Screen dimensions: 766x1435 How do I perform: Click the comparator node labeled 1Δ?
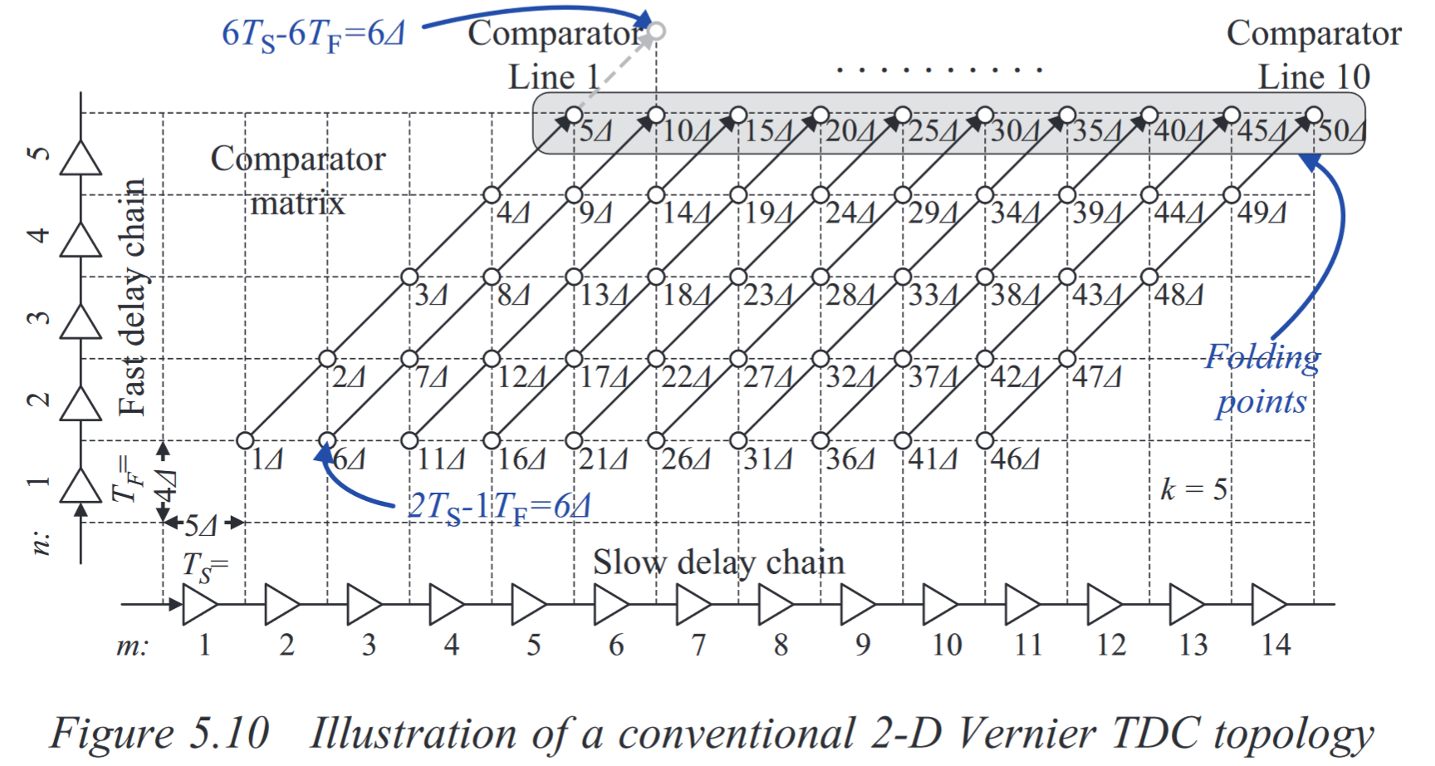click(245, 440)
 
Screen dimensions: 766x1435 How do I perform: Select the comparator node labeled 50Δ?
click(1313, 115)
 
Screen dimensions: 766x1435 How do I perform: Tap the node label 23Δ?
click(767, 296)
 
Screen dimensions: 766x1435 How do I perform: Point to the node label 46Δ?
click(1015, 459)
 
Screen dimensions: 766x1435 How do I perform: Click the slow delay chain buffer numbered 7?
click(693, 604)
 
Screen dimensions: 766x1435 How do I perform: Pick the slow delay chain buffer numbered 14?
click(1268, 604)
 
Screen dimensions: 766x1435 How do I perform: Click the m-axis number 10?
click(946, 646)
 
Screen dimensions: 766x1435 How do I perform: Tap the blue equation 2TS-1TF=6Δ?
click(498, 507)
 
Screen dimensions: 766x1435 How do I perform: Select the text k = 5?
click(1193, 489)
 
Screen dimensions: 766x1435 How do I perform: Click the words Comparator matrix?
click(297, 180)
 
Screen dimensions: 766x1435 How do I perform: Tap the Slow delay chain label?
click(718, 563)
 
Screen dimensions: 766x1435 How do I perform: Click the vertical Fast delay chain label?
click(133, 297)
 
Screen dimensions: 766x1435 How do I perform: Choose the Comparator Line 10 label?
click(1314, 55)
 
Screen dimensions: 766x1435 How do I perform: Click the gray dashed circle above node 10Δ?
click(656, 32)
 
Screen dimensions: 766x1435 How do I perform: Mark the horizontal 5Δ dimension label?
click(200, 526)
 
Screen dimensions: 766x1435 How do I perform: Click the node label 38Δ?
click(1015, 296)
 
